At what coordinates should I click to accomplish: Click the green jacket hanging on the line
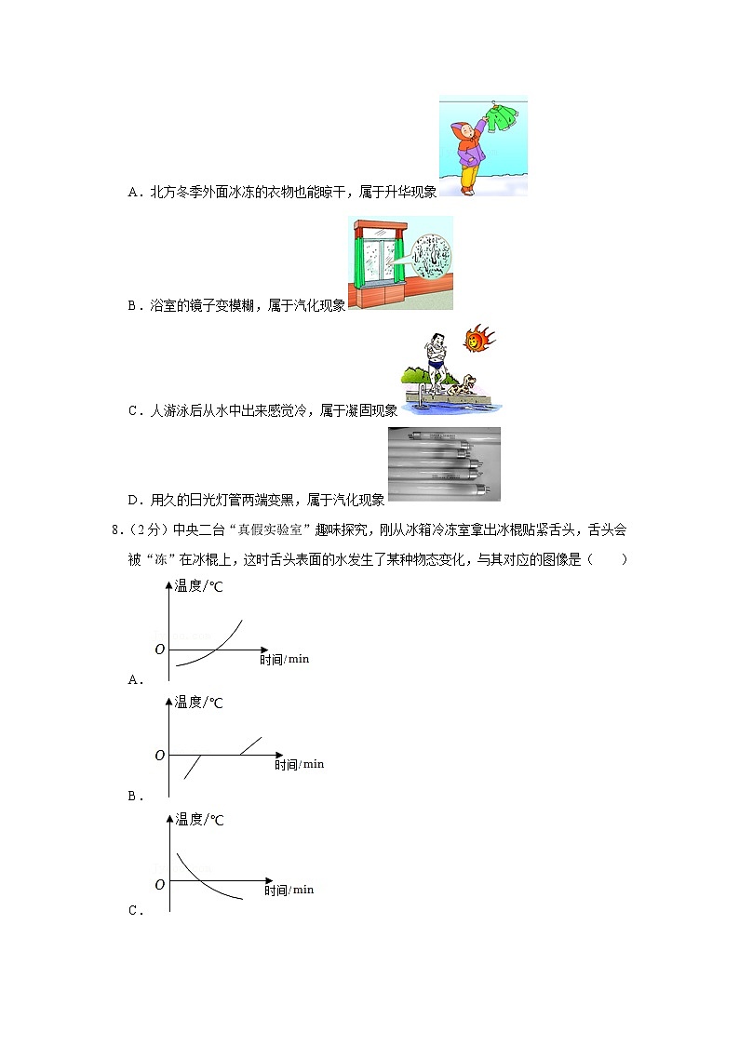pyautogui.click(x=504, y=120)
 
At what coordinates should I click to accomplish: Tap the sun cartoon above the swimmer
pyautogui.click(x=480, y=338)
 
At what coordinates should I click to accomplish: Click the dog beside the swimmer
pyautogui.click(x=462, y=386)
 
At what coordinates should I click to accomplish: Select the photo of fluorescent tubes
pyautogui.click(x=444, y=463)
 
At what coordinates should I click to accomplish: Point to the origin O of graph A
pyautogui.click(x=160, y=649)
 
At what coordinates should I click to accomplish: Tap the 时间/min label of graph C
pyautogui.click(x=289, y=890)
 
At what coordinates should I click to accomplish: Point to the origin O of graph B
pyautogui.click(x=160, y=755)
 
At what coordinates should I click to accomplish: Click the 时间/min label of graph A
pyautogui.click(x=285, y=659)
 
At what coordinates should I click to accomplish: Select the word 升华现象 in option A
pyautogui.click(x=407, y=192)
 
